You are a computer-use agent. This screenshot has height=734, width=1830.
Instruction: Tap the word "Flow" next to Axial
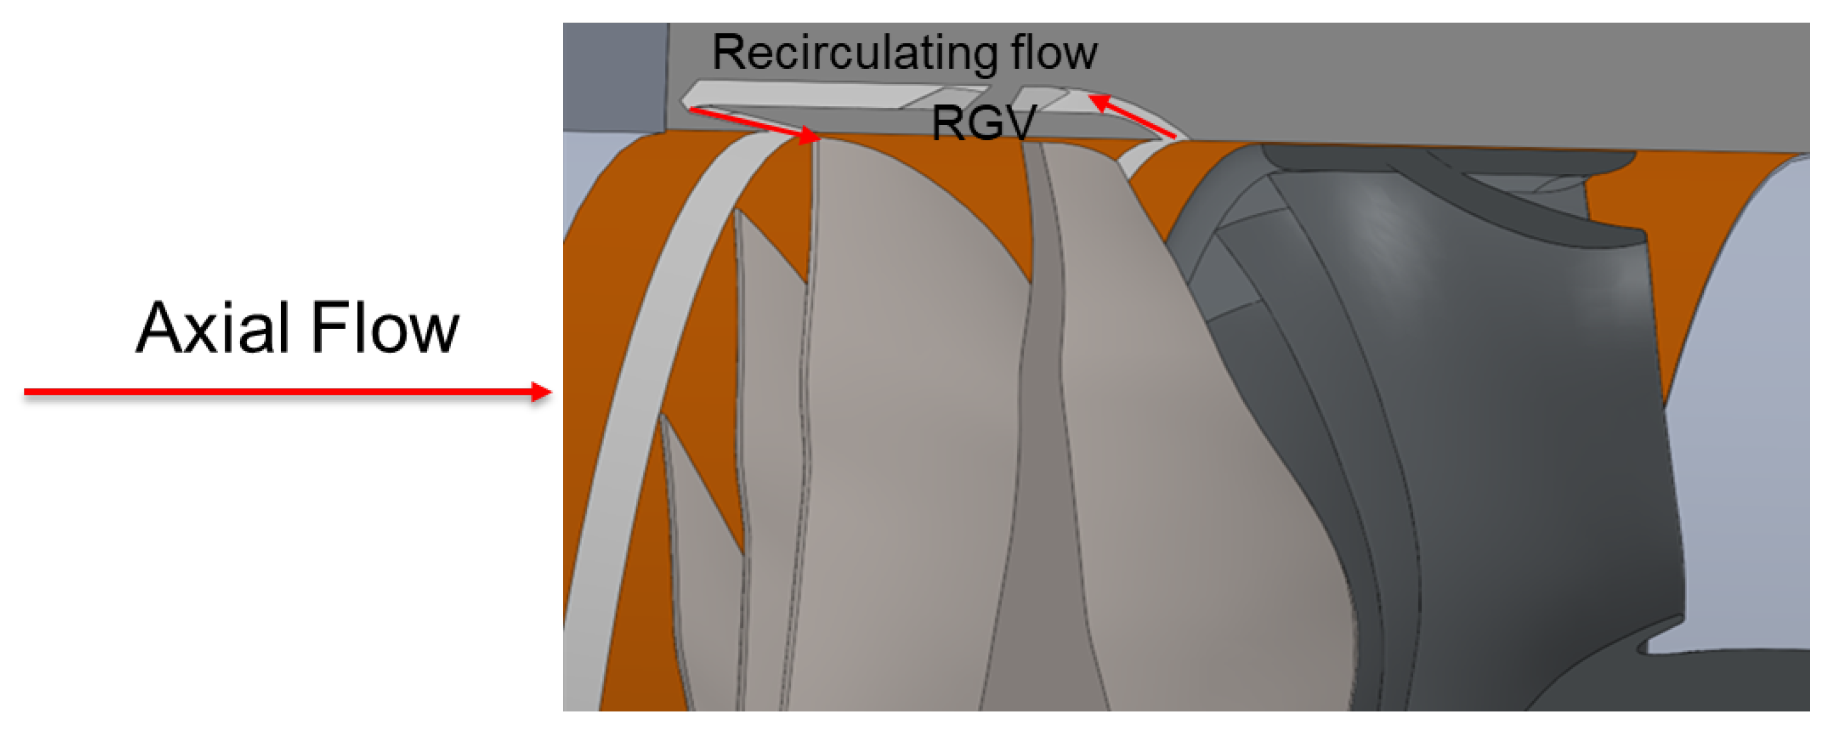click(x=385, y=328)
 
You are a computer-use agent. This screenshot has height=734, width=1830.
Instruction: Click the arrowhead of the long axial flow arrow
click(x=543, y=392)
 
